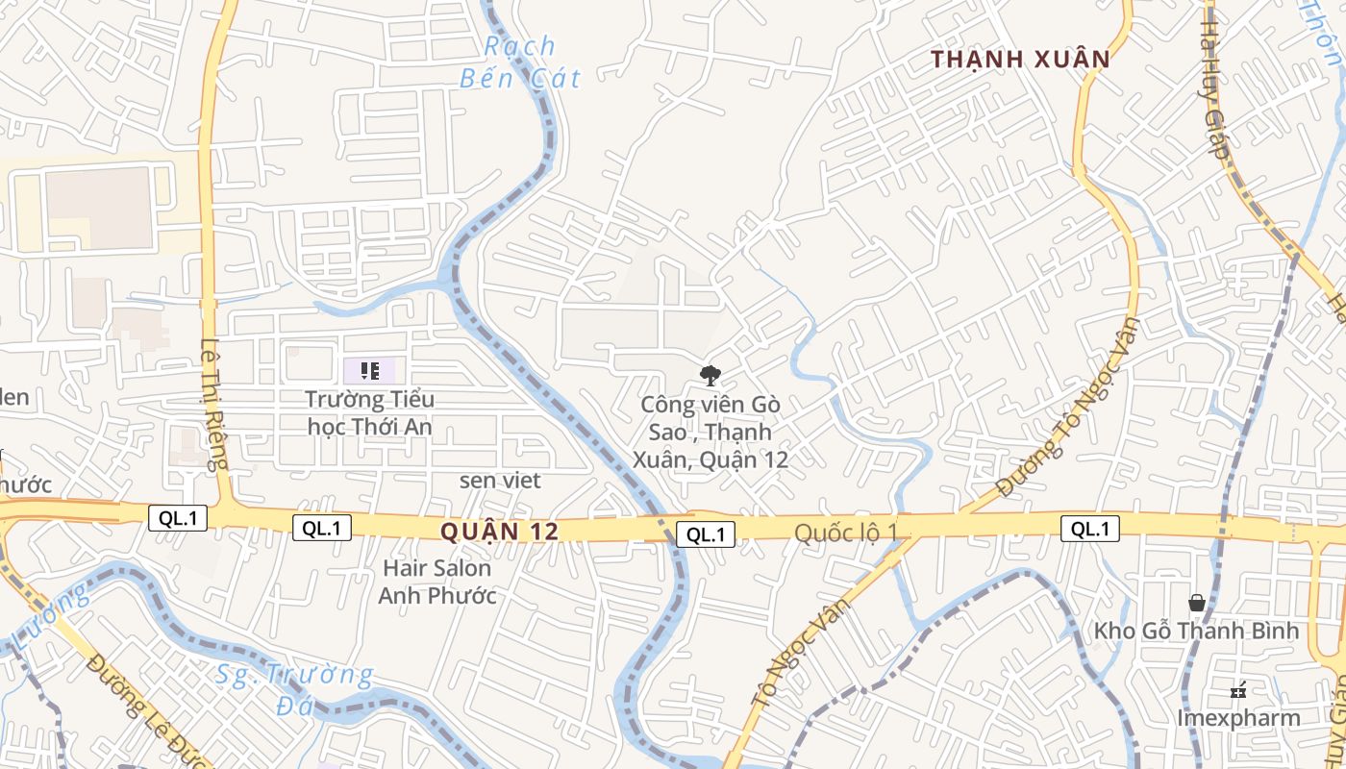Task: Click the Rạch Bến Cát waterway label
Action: (520, 62)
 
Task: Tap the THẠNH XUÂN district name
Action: (1020, 60)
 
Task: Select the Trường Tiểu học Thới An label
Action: (370, 412)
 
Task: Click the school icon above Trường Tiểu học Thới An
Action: (370, 370)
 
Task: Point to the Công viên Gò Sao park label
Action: (710, 433)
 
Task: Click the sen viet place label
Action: (500, 480)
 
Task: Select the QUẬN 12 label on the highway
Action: (500, 532)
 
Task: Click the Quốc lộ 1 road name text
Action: (846, 533)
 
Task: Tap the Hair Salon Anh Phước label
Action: (437, 582)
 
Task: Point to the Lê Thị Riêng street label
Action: (212, 404)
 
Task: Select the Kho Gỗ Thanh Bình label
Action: (1196, 632)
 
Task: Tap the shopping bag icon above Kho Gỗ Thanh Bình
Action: (1197, 603)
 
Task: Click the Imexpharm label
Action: (1238, 718)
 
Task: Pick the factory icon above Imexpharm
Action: (1238, 689)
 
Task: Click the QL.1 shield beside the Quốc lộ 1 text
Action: (706, 534)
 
